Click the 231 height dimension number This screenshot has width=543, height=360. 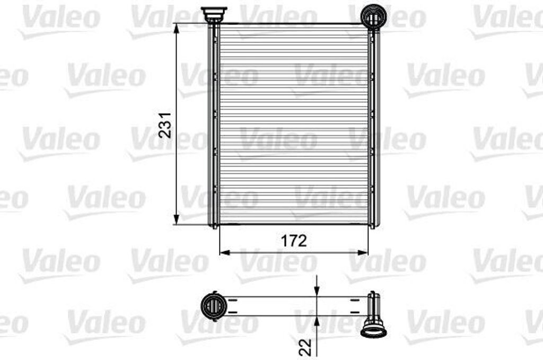coord(166,126)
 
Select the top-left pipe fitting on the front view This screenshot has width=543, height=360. coord(214,13)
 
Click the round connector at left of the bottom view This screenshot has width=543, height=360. coord(213,306)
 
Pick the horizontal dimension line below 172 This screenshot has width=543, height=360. coord(265,252)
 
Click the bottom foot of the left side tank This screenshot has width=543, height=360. coord(214,225)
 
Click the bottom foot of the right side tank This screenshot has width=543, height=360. coord(372,225)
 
